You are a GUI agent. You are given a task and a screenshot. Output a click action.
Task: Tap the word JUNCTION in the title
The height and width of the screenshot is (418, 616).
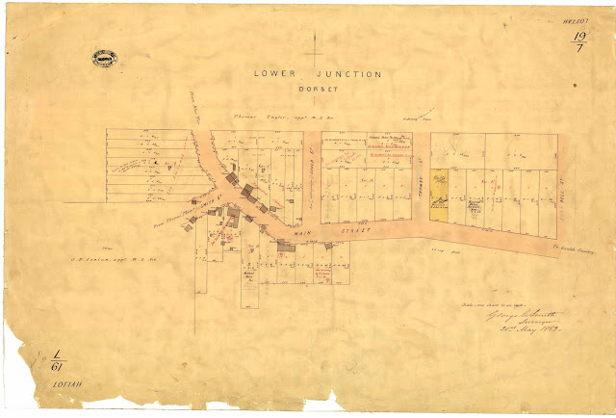pyautogui.click(x=331, y=73)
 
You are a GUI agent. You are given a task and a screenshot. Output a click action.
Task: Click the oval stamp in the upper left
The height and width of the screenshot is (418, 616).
pyautogui.click(x=104, y=59)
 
